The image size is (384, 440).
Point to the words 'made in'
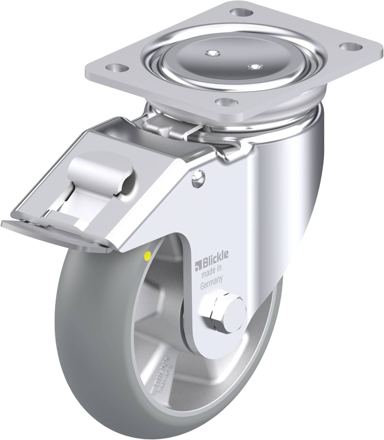click(x=212, y=276)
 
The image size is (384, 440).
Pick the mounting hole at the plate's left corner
click(x=117, y=67)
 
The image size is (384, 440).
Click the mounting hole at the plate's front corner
click(x=226, y=102)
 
